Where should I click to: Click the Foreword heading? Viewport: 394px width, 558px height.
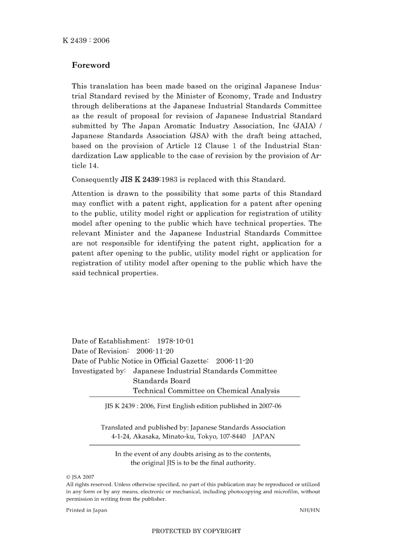[91, 65]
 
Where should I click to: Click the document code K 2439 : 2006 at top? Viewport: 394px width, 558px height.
[86, 40]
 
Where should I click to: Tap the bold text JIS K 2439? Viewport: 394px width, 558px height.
[140, 180]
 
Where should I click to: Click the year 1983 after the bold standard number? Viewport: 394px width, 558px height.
[169, 180]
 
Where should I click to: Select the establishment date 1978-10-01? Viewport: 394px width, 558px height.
[175, 341]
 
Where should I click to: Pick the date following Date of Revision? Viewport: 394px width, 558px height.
[155, 351]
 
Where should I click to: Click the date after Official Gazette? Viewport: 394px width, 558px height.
[234, 361]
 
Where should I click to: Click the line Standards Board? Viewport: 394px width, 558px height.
[161, 381]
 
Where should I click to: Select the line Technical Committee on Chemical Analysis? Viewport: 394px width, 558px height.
[206, 391]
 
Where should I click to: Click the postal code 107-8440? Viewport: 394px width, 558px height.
[232, 436]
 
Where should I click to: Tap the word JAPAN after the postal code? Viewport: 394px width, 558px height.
[264, 436]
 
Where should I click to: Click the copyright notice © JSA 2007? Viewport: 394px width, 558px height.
[80, 477]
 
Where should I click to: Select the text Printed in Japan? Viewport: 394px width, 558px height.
[87, 510]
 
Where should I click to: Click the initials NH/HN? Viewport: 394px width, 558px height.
[309, 510]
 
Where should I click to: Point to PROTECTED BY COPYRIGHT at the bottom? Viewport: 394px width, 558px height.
[196, 531]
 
